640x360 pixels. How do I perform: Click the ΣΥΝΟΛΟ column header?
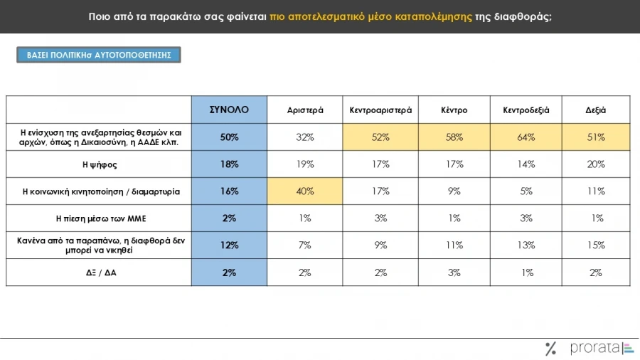point(229,110)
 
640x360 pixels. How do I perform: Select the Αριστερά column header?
point(305,110)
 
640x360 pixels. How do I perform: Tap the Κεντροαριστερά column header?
point(380,110)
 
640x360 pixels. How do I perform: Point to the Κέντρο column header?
point(453,110)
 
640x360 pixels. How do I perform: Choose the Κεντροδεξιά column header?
point(527,110)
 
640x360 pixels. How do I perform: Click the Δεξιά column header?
point(596,110)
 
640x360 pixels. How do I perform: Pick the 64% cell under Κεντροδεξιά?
point(527,137)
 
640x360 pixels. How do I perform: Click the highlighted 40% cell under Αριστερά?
point(305,191)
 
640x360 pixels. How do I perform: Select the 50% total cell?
point(229,137)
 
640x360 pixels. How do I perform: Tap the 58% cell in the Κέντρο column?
point(453,137)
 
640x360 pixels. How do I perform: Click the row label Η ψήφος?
point(99,164)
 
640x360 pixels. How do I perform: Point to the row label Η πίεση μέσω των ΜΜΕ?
point(99,218)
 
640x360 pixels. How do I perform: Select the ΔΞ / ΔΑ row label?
point(99,272)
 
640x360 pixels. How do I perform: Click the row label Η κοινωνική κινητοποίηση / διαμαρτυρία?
point(99,191)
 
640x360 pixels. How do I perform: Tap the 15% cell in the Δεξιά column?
point(596,245)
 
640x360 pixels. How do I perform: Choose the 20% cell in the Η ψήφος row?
point(596,164)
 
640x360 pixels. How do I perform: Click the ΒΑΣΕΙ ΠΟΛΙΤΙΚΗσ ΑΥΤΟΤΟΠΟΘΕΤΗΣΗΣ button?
point(99,55)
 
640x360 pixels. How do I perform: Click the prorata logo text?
point(595,349)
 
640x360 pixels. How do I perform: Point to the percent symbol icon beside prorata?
point(550,349)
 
